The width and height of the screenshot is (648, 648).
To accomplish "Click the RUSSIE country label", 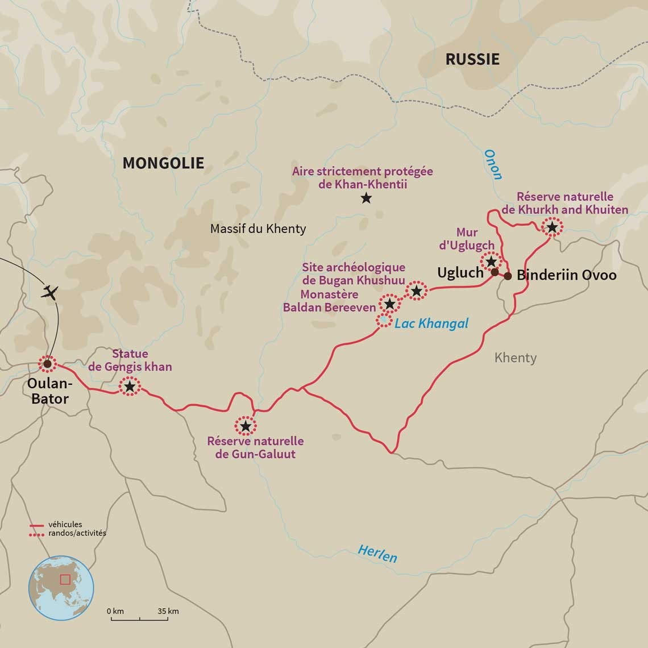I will [472, 59].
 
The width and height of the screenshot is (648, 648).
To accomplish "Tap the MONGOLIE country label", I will [163, 163].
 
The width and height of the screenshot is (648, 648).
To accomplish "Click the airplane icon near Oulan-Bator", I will [51, 293].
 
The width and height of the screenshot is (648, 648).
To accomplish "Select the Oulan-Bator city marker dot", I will [47, 363].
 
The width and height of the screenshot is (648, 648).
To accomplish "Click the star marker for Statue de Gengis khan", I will [130, 387].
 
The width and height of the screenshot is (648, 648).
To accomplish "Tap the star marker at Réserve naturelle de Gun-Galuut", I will [245, 426].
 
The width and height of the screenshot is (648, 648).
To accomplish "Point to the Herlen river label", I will [377, 553].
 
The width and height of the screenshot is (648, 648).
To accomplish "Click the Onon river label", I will [493, 165].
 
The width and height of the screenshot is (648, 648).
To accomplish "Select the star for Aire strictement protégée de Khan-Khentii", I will [366, 198].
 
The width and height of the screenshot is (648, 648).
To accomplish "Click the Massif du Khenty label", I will [257, 229].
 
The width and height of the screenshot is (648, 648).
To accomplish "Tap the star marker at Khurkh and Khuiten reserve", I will [551, 227].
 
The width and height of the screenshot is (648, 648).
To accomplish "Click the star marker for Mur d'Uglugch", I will [491, 261].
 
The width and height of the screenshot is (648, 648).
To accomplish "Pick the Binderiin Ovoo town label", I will [566, 275].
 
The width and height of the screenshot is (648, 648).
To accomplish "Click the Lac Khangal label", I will [431, 323].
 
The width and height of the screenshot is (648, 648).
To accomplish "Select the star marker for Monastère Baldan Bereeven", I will [389, 304].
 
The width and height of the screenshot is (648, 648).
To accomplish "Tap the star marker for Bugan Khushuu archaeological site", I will [416, 291].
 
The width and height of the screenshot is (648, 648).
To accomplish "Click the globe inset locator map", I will [61, 587].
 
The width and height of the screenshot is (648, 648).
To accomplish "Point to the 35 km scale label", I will [168, 611].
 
